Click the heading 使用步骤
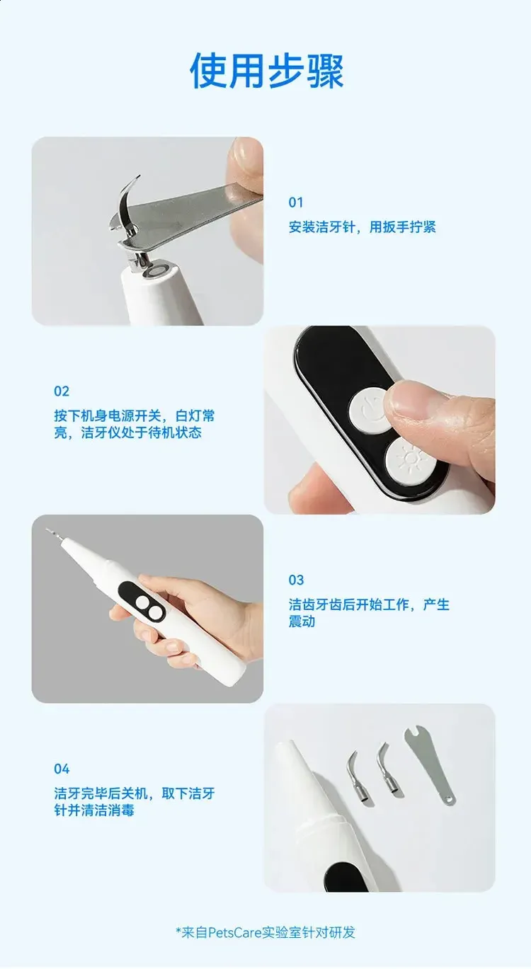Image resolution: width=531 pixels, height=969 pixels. coord(267,71)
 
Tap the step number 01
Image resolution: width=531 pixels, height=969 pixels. coord(296,202)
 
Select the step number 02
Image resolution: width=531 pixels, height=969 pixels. coord(62,391)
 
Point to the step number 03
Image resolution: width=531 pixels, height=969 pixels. coord(297,580)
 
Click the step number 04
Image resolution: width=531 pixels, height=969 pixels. coord(62,769)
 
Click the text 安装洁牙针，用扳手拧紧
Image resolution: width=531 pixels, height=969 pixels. coord(362,227)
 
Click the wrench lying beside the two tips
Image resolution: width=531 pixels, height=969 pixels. coord(430,764)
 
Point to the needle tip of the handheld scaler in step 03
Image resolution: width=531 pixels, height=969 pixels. coord(48,530)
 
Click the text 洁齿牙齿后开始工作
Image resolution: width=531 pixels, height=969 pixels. coord(349,604)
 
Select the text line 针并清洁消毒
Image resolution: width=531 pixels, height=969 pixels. coord(94,810)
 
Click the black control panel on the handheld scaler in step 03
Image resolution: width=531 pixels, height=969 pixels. coord(142,602)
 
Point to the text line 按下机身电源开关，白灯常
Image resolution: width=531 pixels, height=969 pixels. coord(134,415)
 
